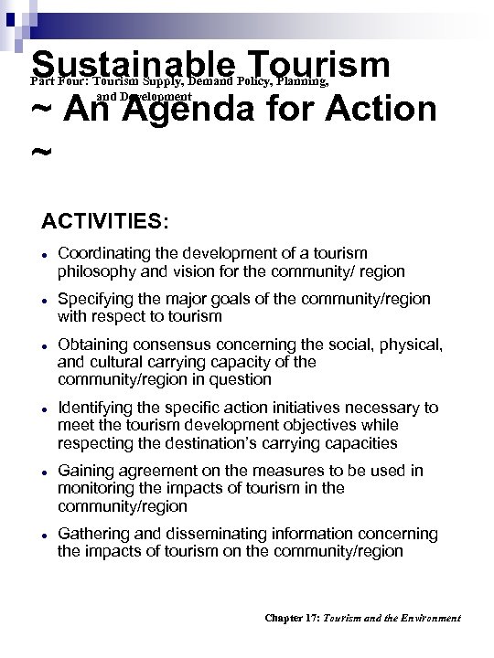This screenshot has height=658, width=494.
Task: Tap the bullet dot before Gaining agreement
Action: pos(44,471)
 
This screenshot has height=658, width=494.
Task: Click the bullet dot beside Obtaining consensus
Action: pos(44,345)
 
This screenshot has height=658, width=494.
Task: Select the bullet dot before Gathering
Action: pos(44,534)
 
